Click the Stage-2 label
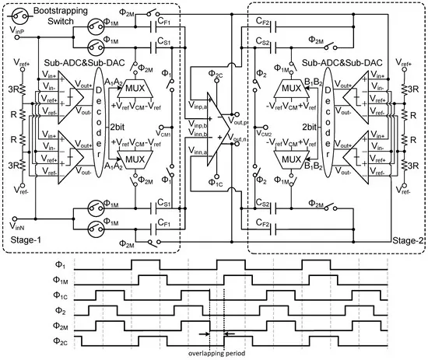pyautogui.click(x=408, y=242)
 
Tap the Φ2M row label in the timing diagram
pyautogui.click(x=60, y=325)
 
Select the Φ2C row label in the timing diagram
pyautogui.click(x=60, y=340)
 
